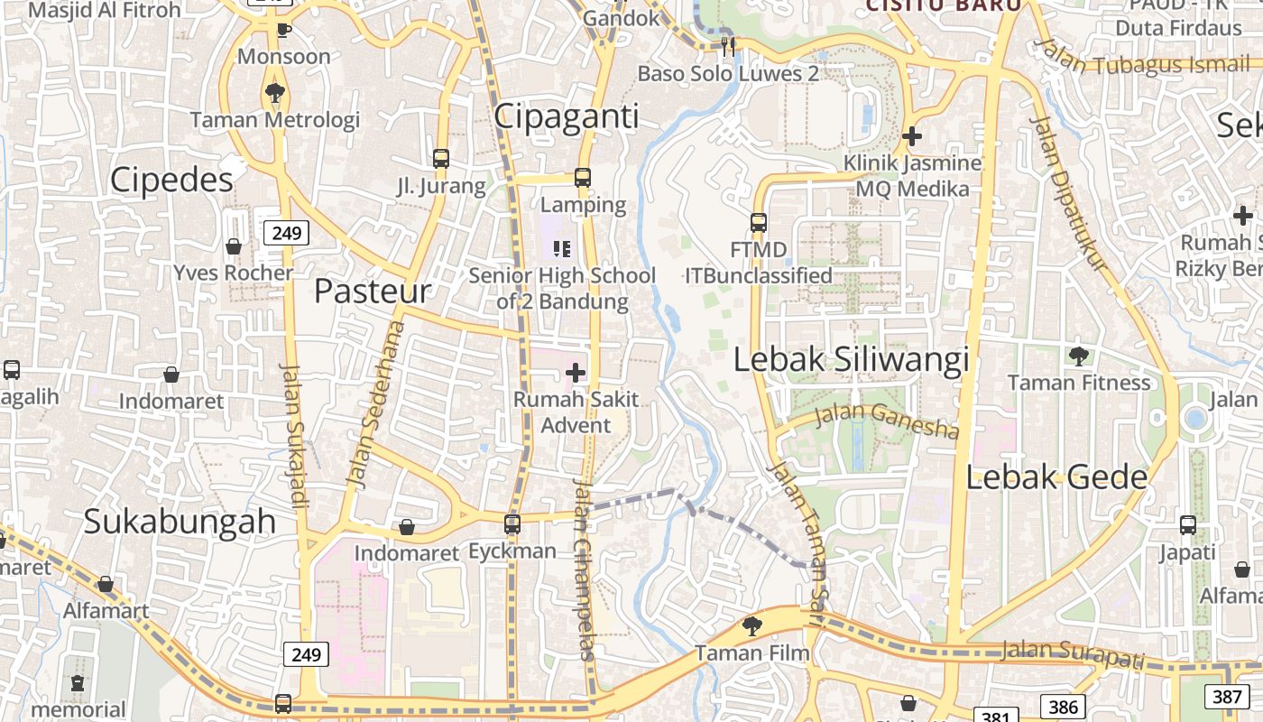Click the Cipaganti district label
click(567, 116)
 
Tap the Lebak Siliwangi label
click(851, 359)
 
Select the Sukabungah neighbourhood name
click(180, 521)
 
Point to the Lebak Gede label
click(1056, 477)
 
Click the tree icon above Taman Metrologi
click(275, 92)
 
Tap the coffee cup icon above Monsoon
click(283, 30)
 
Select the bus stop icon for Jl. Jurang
click(441, 159)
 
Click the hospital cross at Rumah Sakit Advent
click(576, 372)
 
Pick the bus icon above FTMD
click(759, 222)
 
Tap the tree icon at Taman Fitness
click(1078, 356)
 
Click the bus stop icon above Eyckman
click(512, 523)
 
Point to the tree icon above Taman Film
click(751, 625)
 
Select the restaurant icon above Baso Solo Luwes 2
click(728, 46)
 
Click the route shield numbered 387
click(1227, 696)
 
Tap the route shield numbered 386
click(1062, 707)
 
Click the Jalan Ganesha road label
click(887, 421)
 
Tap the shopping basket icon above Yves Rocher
click(234, 246)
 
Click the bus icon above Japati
click(1188, 525)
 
